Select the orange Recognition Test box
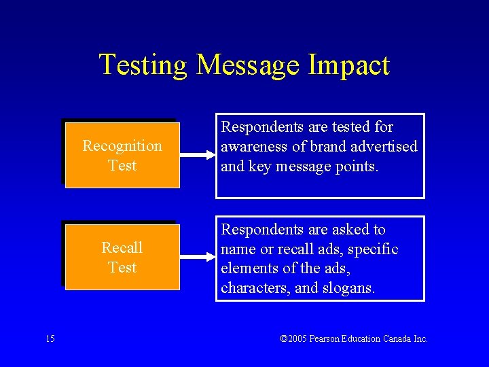pyautogui.click(x=122, y=155)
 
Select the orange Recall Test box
pyautogui.click(x=122, y=257)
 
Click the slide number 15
pyautogui.click(x=51, y=338)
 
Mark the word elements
pyautogui.click(x=248, y=268)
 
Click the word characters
pyautogui.click(x=254, y=287)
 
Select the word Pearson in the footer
pyautogui.click(x=333, y=339)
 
